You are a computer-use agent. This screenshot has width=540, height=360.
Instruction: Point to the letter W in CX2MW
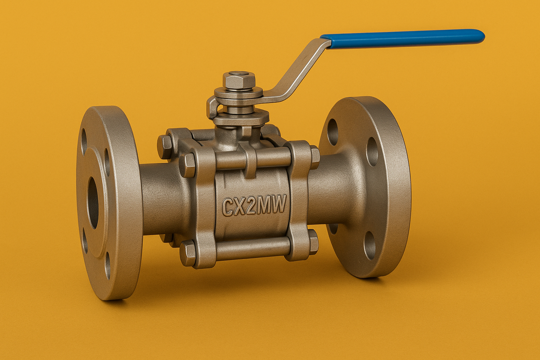278,206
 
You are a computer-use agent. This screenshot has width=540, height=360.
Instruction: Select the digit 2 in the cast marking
251,206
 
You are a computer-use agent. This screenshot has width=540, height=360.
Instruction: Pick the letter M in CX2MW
264,206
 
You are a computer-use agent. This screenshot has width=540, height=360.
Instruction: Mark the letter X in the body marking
239,206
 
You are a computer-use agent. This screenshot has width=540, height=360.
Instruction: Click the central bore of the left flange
93,203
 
